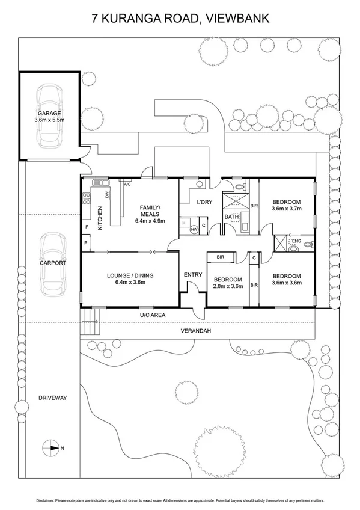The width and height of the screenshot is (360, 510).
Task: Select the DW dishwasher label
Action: click(108, 195)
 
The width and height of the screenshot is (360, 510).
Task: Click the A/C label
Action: click(127, 184)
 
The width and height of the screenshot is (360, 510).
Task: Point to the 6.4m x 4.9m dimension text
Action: click(148, 221)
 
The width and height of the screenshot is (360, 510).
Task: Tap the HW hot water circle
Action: click(194, 230)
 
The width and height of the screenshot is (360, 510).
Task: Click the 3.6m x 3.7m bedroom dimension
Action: click(286, 209)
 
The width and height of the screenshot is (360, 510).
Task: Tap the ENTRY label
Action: click(192, 275)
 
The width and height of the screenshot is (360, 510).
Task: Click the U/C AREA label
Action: click(153, 315)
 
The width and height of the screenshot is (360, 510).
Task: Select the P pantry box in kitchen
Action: click(86, 243)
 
